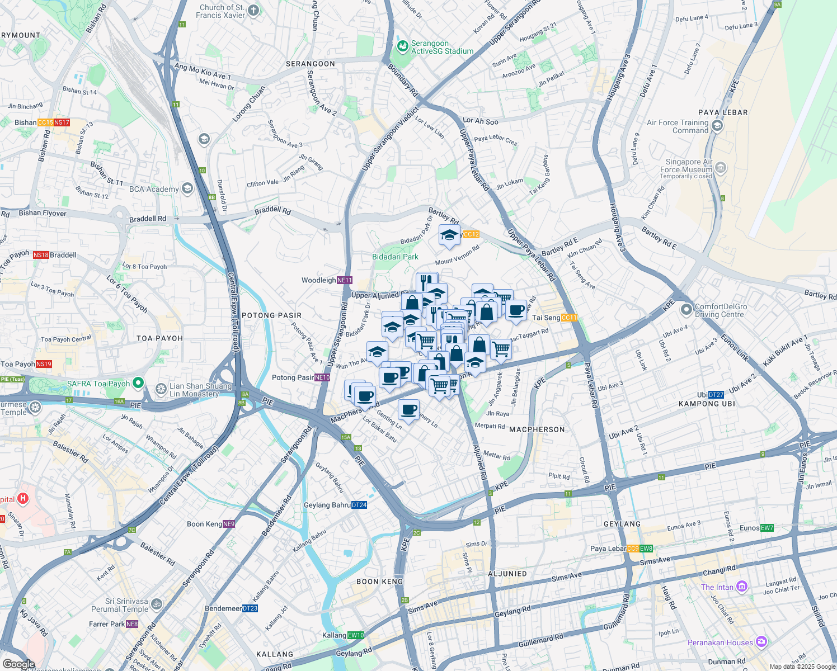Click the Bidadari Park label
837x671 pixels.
[395, 257]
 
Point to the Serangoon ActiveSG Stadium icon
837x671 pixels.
[402, 47]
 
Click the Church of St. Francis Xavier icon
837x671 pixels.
[253, 11]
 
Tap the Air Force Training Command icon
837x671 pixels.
[717, 126]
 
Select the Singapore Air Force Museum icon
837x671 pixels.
[721, 167]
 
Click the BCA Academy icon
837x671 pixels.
[187, 188]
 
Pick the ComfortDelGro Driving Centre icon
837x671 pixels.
[686, 309]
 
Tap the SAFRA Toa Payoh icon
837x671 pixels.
[138, 384]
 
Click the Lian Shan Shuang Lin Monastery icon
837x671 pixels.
[161, 389]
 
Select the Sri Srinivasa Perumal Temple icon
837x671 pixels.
[157, 604]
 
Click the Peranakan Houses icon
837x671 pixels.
[761, 642]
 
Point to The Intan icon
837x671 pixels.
[742, 587]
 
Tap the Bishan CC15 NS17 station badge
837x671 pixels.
[54, 122]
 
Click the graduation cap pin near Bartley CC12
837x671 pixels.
[449, 236]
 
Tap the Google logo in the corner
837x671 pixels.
[18, 664]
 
